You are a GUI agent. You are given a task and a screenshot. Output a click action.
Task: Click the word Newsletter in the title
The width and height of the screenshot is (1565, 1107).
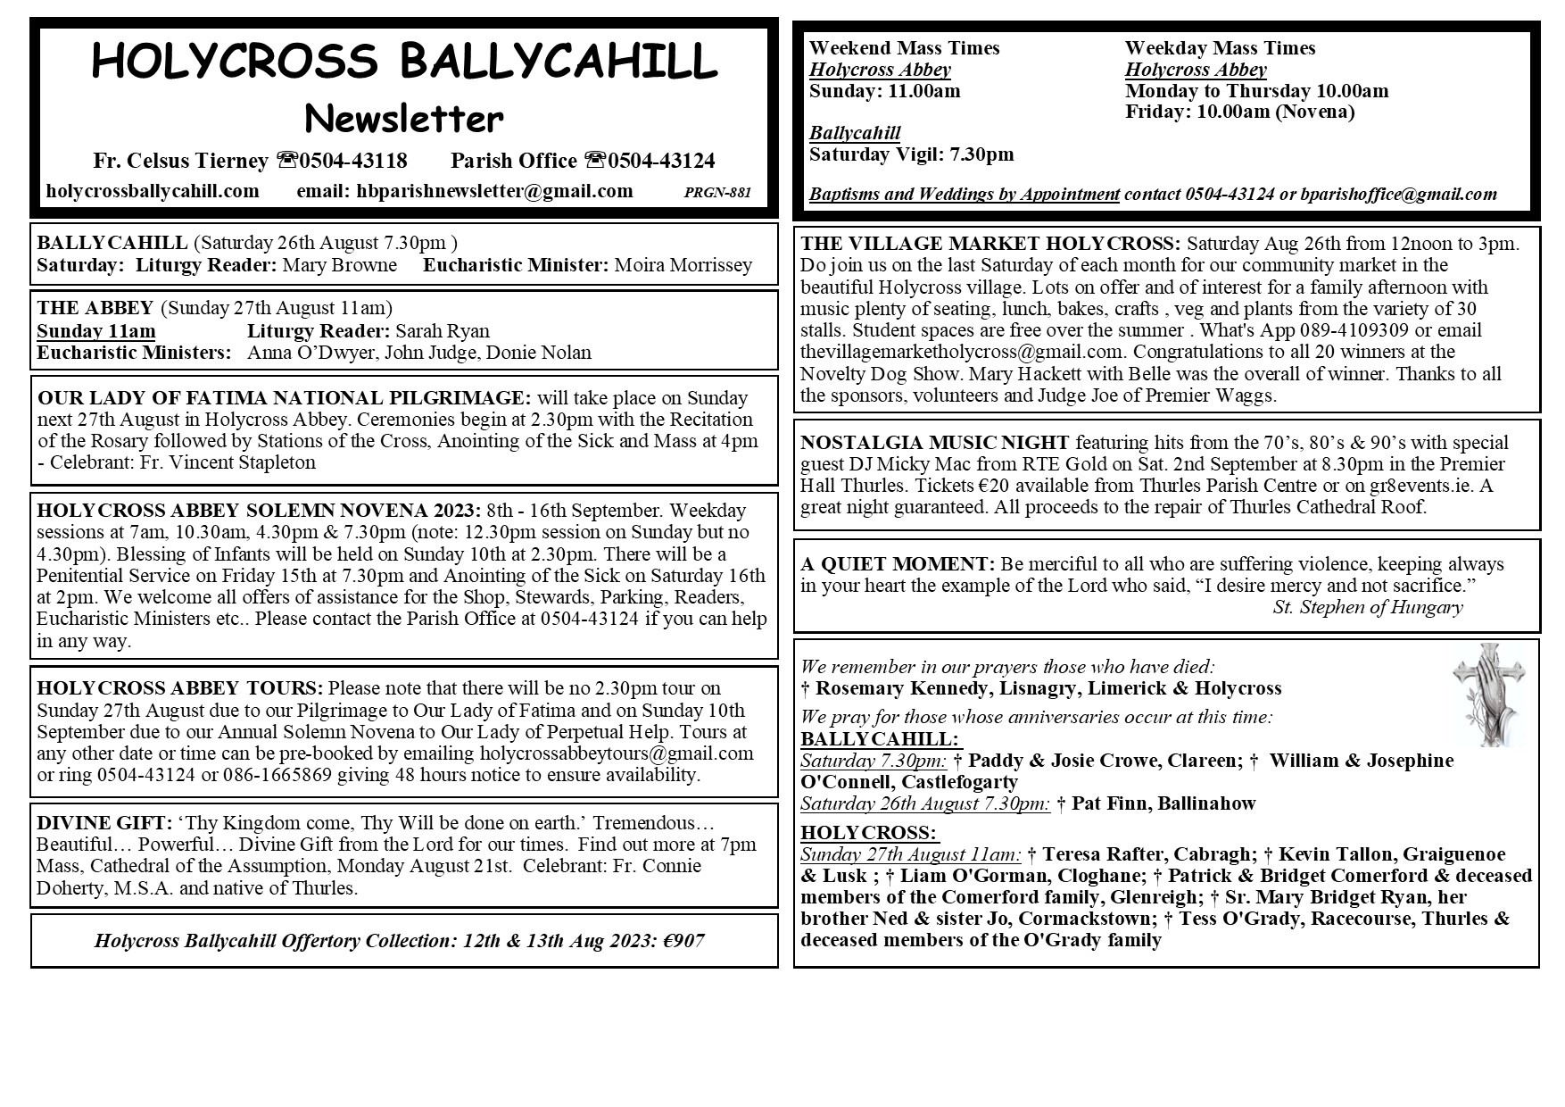[403, 118]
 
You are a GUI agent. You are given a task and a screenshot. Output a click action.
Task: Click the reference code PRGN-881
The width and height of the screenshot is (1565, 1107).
[717, 192]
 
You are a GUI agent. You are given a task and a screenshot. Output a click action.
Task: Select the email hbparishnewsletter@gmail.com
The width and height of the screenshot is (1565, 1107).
[494, 191]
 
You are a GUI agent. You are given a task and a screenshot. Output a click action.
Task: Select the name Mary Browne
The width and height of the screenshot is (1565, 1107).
[339, 265]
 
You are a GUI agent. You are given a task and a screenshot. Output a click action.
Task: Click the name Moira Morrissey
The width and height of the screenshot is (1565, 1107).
[683, 265]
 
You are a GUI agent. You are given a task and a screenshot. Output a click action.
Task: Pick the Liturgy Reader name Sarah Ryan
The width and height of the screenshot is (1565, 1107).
[443, 331]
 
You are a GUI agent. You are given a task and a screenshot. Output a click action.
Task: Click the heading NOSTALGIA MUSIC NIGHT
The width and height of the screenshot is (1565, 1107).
[934, 443]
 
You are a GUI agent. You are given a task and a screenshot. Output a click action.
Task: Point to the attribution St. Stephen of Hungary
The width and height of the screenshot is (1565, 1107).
[1367, 608]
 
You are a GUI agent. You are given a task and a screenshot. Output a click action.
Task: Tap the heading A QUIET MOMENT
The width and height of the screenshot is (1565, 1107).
[897, 564]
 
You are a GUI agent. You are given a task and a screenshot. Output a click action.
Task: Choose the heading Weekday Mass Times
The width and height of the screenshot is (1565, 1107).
[1220, 48]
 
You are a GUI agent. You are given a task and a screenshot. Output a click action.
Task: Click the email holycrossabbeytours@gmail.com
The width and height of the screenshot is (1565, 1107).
[617, 753]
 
